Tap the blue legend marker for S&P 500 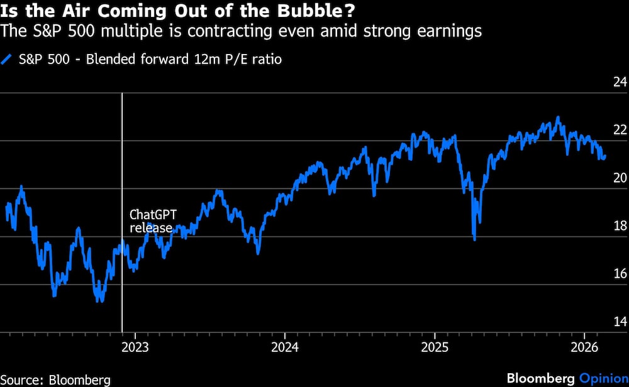click(7, 60)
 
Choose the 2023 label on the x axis click(135, 347)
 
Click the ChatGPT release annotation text click(153, 221)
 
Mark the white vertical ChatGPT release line click(121, 283)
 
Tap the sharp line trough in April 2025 click(474, 239)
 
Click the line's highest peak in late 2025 click(557, 117)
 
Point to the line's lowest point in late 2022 click(99, 301)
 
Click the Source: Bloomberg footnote click(55, 379)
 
